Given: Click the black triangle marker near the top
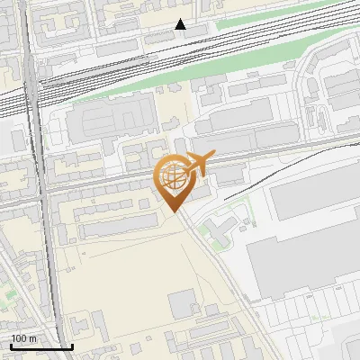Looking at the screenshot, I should (181, 24).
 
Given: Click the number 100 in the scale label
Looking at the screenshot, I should (19, 338).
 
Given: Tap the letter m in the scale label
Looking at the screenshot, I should (32, 338).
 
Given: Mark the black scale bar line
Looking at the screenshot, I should (41, 346).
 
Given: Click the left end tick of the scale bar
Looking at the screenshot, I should (11, 345).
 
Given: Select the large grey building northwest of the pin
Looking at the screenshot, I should (118, 121).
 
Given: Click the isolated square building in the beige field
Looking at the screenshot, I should (184, 303).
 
